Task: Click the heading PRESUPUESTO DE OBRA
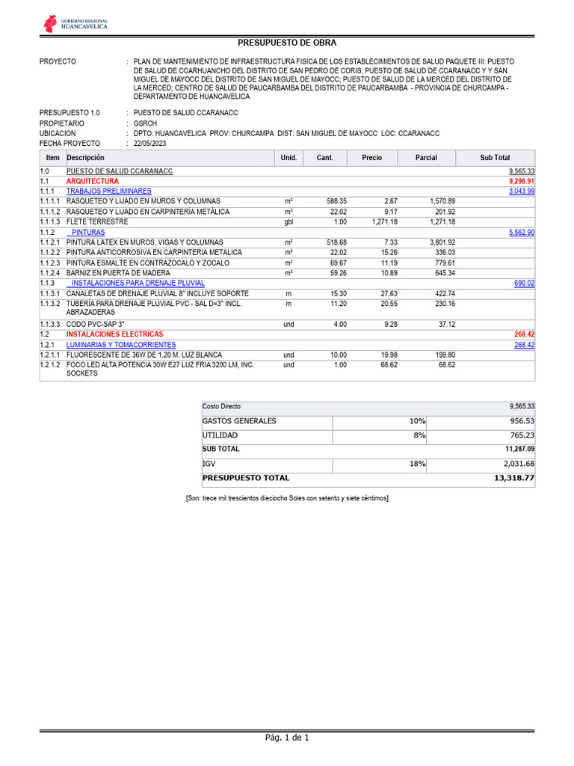pyautogui.click(x=287, y=43)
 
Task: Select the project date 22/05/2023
pyautogui.click(x=150, y=144)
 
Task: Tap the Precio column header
pyautogui.click(x=371, y=158)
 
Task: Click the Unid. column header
pyautogui.click(x=288, y=158)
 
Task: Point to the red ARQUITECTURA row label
pyautogui.click(x=93, y=182)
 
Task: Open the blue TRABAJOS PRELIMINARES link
pyautogui.click(x=108, y=191)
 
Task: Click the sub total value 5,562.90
pyautogui.click(x=522, y=233)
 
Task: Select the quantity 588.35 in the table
pyautogui.click(x=332, y=202)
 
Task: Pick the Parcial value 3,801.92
pyautogui.click(x=442, y=243)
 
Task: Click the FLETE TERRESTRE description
pyautogui.click(x=97, y=222)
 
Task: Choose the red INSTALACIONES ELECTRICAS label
pyautogui.click(x=114, y=334)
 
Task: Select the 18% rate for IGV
pyautogui.click(x=417, y=464)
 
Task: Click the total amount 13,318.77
pyautogui.click(x=514, y=478)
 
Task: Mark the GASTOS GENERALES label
pyautogui.click(x=239, y=421)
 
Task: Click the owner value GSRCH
pyautogui.click(x=146, y=123)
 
